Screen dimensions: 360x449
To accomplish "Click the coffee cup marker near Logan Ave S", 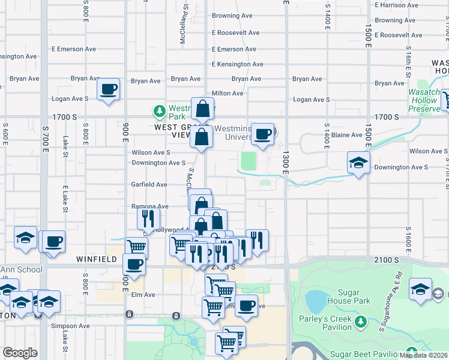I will click(x=108, y=90).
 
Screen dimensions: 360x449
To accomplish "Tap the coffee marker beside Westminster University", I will click(x=262, y=134).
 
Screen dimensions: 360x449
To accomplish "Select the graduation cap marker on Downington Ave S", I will click(x=358, y=163).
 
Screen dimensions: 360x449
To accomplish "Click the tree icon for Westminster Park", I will click(x=159, y=110).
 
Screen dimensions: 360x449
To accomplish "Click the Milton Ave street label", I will click(x=228, y=93).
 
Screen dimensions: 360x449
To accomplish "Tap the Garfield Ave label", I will click(x=149, y=185).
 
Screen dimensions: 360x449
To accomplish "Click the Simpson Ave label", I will click(x=71, y=326).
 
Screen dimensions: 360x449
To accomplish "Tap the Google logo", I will click(x=20, y=353).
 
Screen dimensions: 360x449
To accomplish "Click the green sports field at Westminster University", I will click(x=249, y=161).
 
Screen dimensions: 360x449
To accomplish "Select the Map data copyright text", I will click(x=423, y=355).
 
